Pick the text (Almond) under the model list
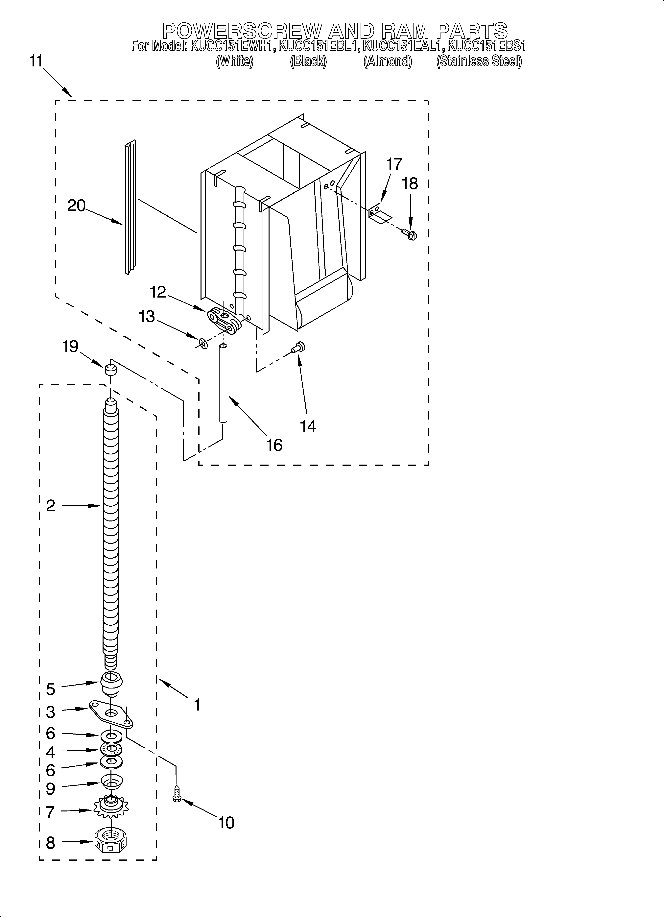(387, 61)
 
